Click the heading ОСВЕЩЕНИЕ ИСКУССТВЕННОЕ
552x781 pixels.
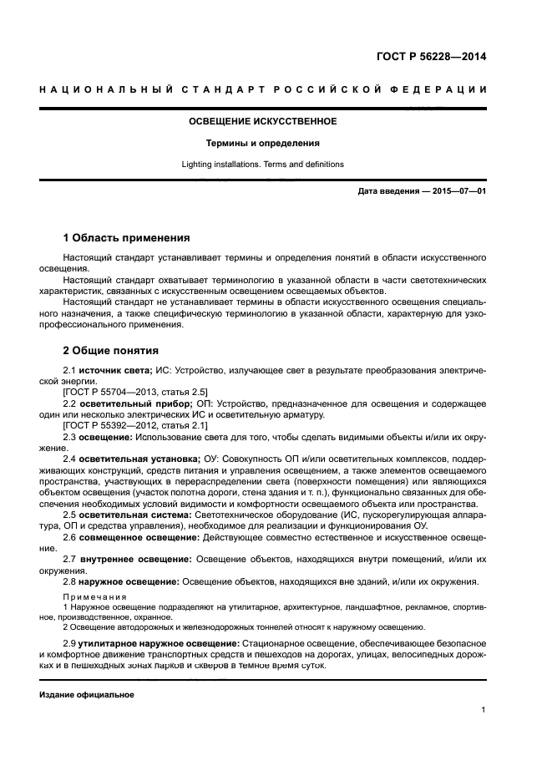(x=262, y=121)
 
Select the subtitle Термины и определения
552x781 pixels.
(x=262, y=143)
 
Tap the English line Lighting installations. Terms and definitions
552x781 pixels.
(x=262, y=165)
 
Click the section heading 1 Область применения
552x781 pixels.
(x=126, y=238)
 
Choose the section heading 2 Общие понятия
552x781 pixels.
(x=111, y=351)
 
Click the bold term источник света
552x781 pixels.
(x=112, y=369)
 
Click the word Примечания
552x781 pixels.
(x=94, y=598)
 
